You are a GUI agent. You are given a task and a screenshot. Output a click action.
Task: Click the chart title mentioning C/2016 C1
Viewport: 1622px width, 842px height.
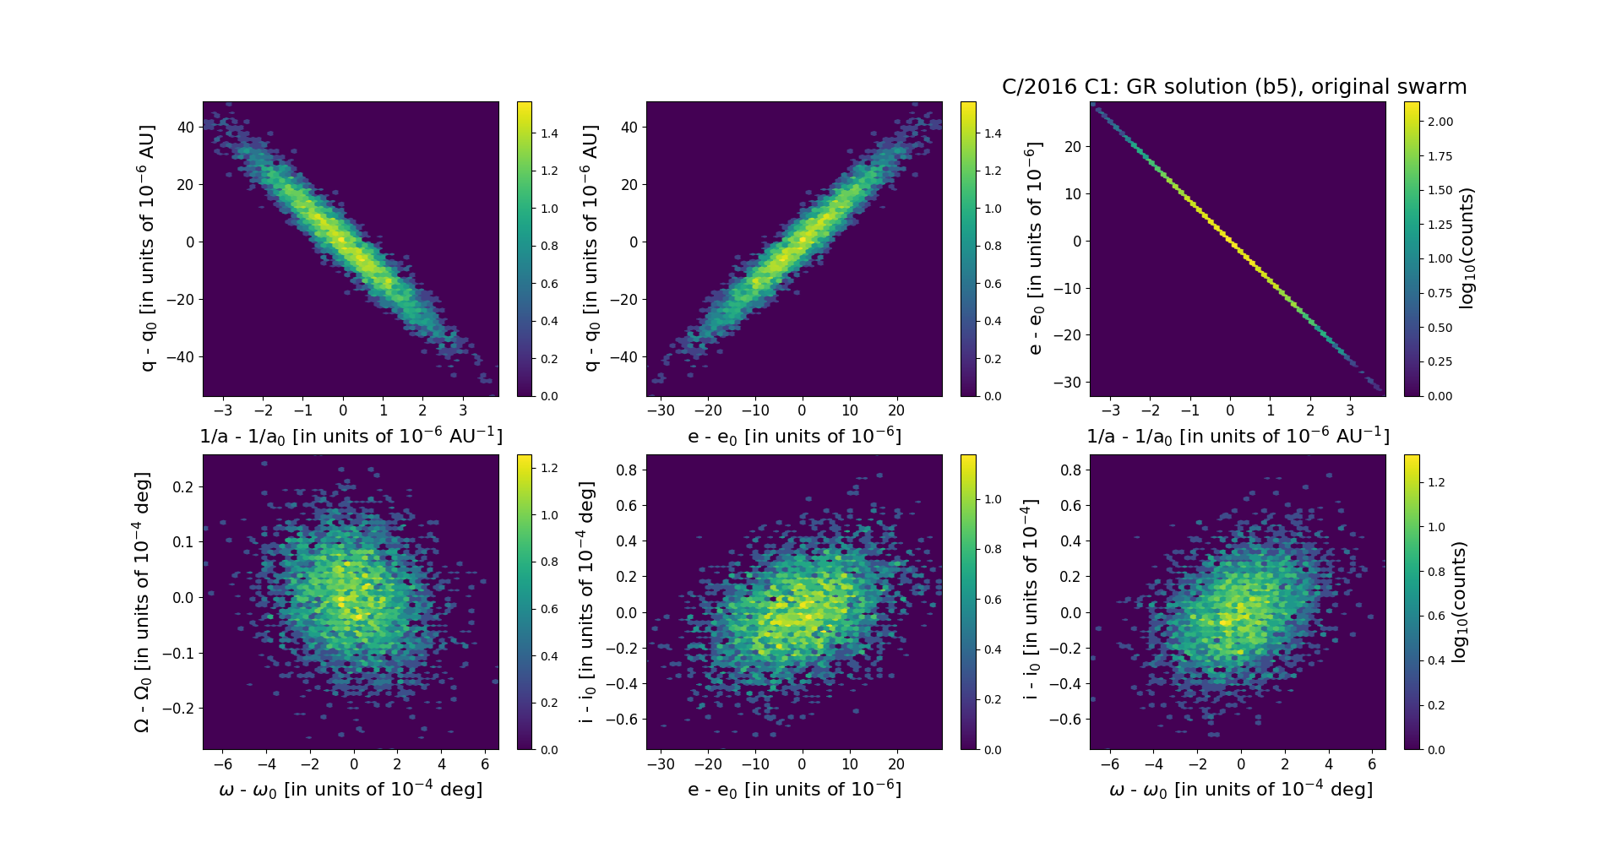coord(1233,87)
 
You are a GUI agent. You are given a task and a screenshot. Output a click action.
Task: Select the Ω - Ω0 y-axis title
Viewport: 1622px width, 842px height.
coord(143,601)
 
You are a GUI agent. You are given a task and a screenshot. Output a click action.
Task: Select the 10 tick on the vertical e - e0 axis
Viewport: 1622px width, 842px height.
coord(1072,193)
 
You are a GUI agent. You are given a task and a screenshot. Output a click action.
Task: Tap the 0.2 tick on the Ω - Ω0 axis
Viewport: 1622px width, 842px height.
coord(183,486)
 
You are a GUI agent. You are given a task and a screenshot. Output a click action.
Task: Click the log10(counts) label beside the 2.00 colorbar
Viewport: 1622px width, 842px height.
coord(1467,248)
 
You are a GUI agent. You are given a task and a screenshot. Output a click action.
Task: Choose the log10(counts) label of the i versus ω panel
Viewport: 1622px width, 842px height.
coord(1459,601)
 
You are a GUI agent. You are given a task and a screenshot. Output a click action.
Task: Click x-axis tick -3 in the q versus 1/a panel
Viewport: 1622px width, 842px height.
coord(223,410)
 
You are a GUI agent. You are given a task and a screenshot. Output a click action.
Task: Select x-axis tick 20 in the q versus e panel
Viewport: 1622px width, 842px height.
coord(896,410)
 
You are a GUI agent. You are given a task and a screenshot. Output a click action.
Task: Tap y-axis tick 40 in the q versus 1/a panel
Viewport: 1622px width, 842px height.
coord(186,127)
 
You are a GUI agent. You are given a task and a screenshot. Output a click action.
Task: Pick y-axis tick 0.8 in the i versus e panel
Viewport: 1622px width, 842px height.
coord(626,470)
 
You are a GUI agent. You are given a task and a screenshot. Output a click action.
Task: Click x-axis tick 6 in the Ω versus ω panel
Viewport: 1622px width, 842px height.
coord(485,764)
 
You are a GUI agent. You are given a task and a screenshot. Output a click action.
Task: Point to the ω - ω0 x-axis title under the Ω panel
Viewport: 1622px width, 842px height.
coord(351,790)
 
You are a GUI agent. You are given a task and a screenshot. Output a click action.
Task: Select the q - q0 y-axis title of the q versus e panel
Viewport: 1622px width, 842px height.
coord(591,248)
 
